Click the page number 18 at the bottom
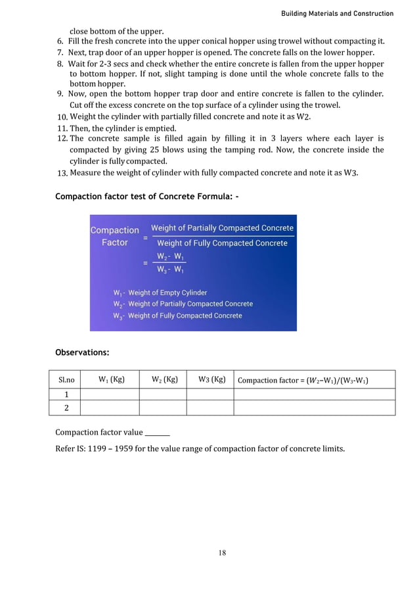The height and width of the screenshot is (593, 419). [x=222, y=553]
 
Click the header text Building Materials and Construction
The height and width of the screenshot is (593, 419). [x=337, y=13]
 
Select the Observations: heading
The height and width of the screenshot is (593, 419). [x=82, y=352]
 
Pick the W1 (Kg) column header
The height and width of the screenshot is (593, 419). [x=112, y=379]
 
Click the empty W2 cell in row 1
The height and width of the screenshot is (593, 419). [x=163, y=394]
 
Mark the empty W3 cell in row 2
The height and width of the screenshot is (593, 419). [x=209, y=408]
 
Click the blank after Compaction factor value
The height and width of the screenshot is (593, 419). [x=157, y=433]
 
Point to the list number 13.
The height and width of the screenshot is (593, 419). [x=62, y=173]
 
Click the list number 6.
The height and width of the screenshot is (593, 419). [x=60, y=41]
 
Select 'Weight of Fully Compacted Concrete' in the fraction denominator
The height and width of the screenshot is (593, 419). [x=222, y=243]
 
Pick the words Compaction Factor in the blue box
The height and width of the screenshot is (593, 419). [x=114, y=236]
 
